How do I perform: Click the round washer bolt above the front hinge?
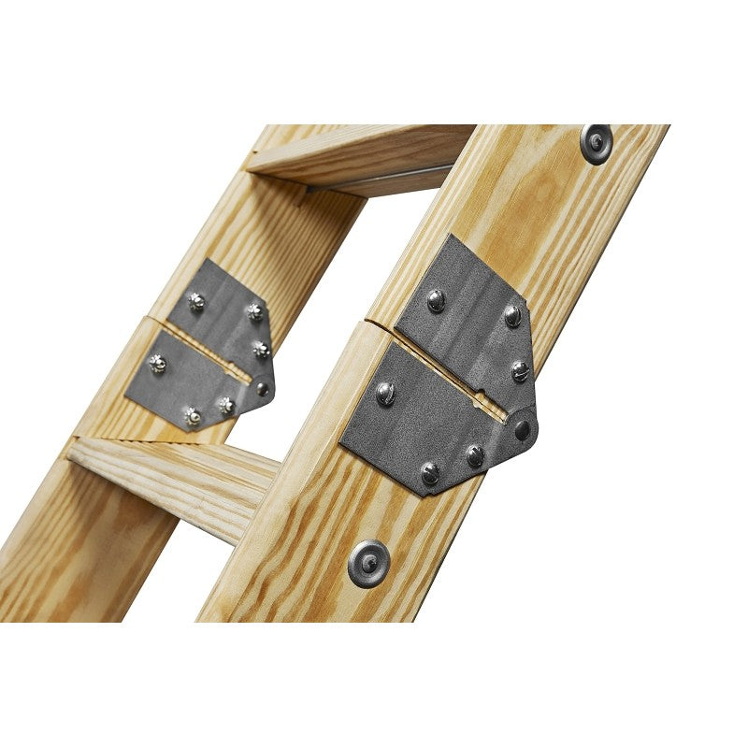coord(596,142)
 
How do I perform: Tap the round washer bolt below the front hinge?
coord(367,562)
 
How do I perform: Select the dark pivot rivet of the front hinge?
coord(522,430)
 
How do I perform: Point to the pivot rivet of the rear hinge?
coord(263,388)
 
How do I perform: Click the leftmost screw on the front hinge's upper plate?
coord(435,300)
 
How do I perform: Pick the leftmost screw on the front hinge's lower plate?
coord(385,394)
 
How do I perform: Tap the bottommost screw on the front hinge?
coord(429,474)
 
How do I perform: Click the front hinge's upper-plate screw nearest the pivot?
coord(520,371)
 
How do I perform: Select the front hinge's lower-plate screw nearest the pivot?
coord(475,455)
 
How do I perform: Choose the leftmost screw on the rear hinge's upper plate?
coord(195,301)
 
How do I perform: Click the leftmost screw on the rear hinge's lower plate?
coord(157,363)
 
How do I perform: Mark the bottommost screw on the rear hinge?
coord(193,416)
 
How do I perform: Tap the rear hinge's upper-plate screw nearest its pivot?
coord(261,351)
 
